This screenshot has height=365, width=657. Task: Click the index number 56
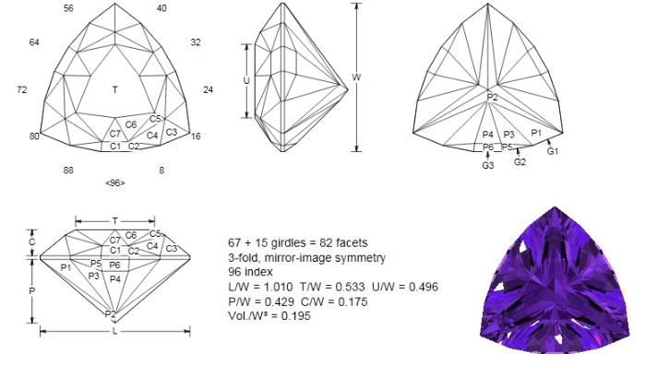click(x=68, y=8)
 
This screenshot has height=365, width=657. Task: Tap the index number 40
click(x=161, y=8)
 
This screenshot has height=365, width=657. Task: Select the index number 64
click(x=34, y=42)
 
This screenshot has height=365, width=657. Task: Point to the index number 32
click(x=196, y=42)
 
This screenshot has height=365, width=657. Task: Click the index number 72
click(x=22, y=89)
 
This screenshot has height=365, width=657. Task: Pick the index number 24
click(x=209, y=89)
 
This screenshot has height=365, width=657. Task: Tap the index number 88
click(x=68, y=171)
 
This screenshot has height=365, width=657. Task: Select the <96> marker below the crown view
click(x=115, y=182)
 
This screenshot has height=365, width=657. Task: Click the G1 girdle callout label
click(x=553, y=151)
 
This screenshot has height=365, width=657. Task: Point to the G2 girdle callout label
click(x=520, y=162)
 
